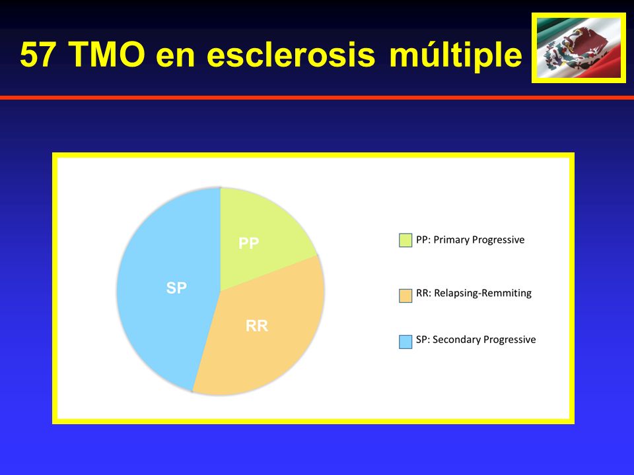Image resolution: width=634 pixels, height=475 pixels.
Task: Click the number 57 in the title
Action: pyautogui.click(x=37, y=55)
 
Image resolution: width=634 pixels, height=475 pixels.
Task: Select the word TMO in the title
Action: pyautogui.click(x=107, y=55)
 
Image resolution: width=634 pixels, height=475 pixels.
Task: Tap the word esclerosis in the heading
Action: pyautogui.click(x=291, y=55)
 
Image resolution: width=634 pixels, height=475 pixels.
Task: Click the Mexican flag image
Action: pyautogui.click(x=579, y=47)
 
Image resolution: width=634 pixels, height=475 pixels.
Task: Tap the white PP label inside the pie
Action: pyautogui.click(x=248, y=243)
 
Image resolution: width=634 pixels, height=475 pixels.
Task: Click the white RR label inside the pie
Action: pyautogui.click(x=257, y=325)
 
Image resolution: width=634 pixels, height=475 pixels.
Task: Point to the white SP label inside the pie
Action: pyautogui.click(x=176, y=288)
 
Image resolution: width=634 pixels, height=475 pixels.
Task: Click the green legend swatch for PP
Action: pyautogui.click(x=405, y=240)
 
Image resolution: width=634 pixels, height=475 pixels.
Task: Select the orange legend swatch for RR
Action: pyautogui.click(x=405, y=296)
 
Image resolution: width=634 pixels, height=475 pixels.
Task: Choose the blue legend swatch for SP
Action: pyautogui.click(x=405, y=342)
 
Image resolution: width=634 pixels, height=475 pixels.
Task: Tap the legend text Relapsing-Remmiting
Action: pyautogui.click(x=483, y=293)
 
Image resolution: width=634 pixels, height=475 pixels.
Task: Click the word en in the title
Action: pyautogui.click(x=176, y=57)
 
